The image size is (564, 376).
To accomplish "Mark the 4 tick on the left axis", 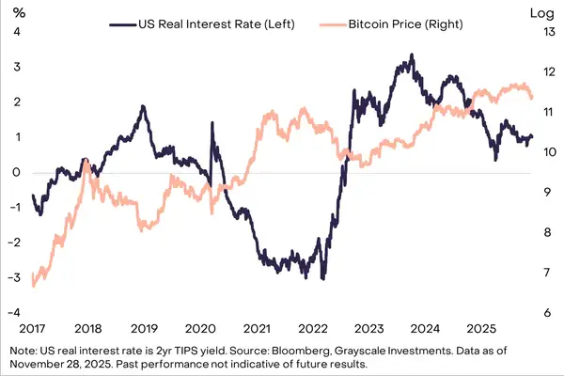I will pyautogui.click(x=16, y=33).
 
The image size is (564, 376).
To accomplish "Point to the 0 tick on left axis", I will pyautogui.click(x=16, y=173).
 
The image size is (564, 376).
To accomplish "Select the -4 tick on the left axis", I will pyautogui.click(x=14, y=312).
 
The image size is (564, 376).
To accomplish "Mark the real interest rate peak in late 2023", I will pyautogui.click(x=411, y=55).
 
